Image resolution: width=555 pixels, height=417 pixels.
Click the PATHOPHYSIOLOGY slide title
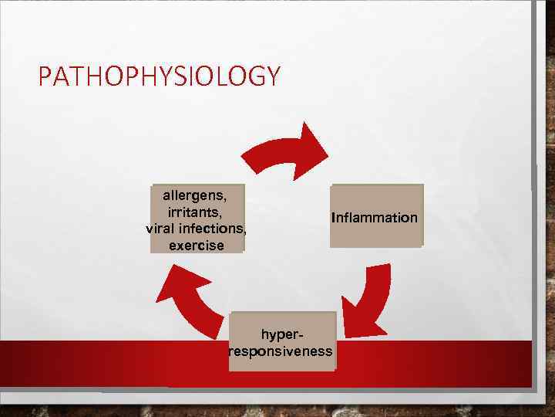pyautogui.click(x=160, y=76)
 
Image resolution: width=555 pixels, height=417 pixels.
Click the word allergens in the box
pyautogui.click(x=192, y=196)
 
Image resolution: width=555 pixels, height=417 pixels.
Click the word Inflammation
pyautogui.click(x=375, y=218)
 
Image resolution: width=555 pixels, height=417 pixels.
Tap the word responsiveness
pyautogui.click(x=281, y=352)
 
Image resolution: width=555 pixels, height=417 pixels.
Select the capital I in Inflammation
pyautogui.click(x=333, y=218)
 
